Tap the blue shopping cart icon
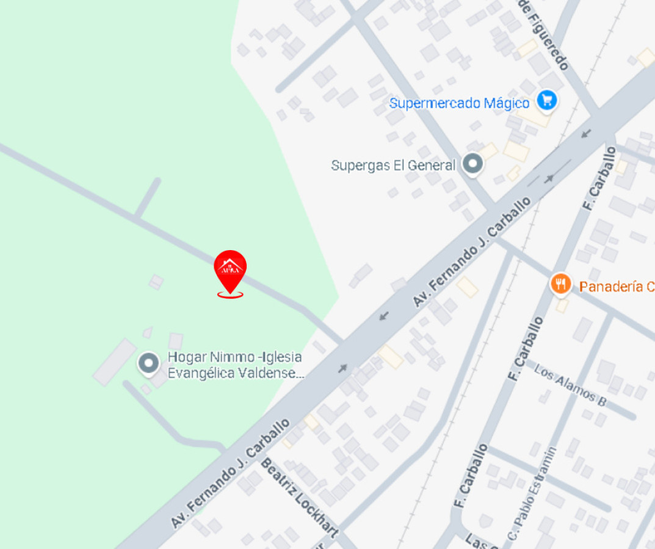point(546,100)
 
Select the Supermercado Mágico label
point(459,103)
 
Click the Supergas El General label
point(393,165)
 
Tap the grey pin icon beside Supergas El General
point(472,163)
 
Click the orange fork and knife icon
point(560,284)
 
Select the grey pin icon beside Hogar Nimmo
point(148,364)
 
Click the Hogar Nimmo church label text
point(236,365)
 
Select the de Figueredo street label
point(545,34)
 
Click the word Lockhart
point(316,516)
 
